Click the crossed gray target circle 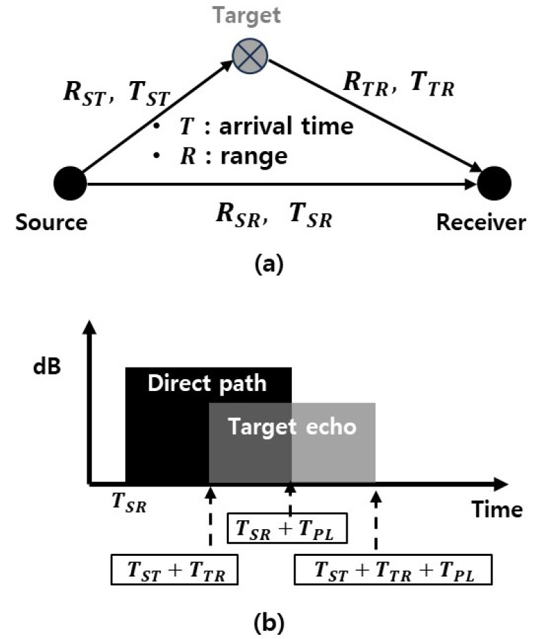point(250,56)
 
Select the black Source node point(70,183)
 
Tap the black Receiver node point(494,183)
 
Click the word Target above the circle point(247,16)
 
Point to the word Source point(52,223)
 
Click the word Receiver point(481,223)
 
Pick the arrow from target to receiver point(375,116)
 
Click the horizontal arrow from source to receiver point(281,184)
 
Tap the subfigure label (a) point(269,264)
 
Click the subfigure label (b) point(269,623)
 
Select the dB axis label point(47,366)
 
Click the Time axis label point(497,509)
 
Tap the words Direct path point(207,383)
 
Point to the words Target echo point(292,427)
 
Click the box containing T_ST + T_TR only point(175,570)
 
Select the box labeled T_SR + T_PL point(287,528)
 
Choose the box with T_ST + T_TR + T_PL point(393,570)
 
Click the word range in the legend point(254,157)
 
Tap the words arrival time point(286,126)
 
